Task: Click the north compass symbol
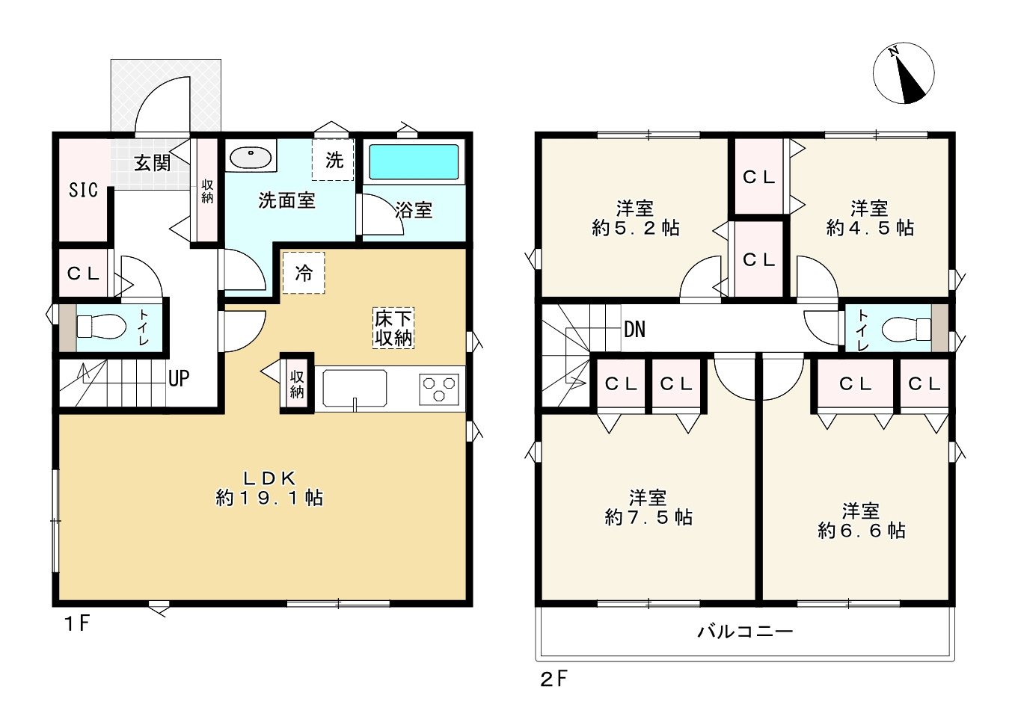[904, 73]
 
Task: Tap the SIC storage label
[83, 191]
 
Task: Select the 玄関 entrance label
[152, 163]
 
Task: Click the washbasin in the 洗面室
[251, 158]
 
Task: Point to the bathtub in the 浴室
[414, 162]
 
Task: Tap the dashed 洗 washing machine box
[333, 160]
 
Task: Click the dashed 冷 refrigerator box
[304, 273]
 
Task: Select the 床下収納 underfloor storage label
[393, 328]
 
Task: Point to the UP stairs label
[179, 378]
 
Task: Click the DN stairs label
[634, 329]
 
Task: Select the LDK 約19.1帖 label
[269, 488]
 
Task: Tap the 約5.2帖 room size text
[635, 229]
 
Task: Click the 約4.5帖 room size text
[870, 229]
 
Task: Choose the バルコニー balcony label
[745, 632]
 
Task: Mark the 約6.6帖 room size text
[862, 531]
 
